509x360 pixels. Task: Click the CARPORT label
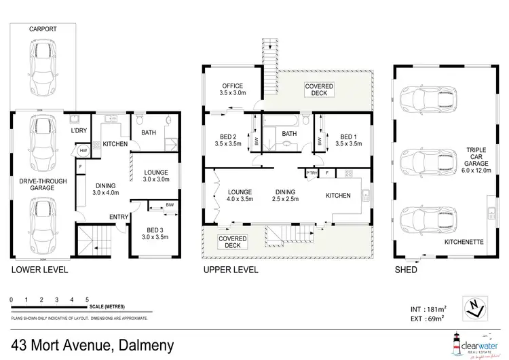pyautogui.click(x=42, y=30)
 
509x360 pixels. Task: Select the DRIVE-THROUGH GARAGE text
pyautogui.click(x=43, y=183)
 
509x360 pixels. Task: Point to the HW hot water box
pyautogui.click(x=83, y=150)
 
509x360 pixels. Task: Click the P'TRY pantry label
pyautogui.click(x=313, y=174)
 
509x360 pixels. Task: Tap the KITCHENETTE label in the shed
pyautogui.click(x=464, y=241)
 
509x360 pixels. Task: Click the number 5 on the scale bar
pyautogui.click(x=87, y=299)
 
